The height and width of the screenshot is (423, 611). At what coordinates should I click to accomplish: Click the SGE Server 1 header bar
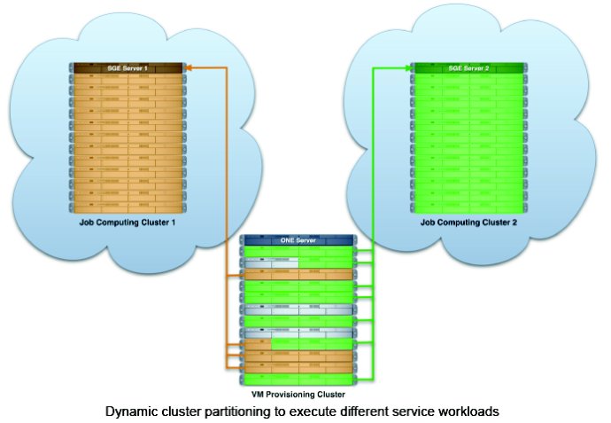(x=128, y=68)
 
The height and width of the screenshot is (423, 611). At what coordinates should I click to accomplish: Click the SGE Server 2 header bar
(x=468, y=68)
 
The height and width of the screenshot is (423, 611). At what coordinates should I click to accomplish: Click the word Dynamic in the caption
(x=133, y=412)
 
